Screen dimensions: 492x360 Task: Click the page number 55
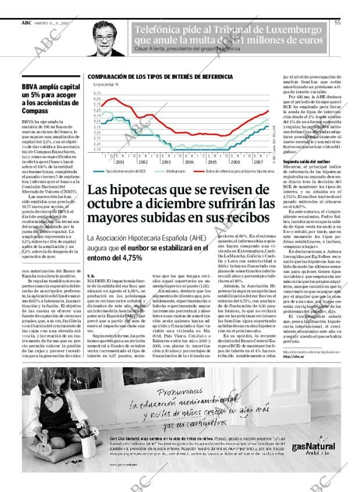337,23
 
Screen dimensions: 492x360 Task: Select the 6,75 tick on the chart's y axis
97,92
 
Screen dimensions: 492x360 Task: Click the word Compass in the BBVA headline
35,110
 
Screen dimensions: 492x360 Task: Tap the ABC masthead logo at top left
26,23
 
